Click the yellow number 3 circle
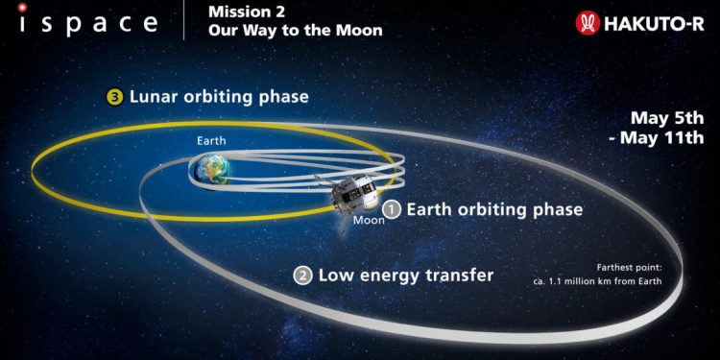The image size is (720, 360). point(113,97)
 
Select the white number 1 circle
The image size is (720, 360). point(391,207)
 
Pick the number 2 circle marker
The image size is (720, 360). point(302,276)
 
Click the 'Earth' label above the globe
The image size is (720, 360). point(212,141)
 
